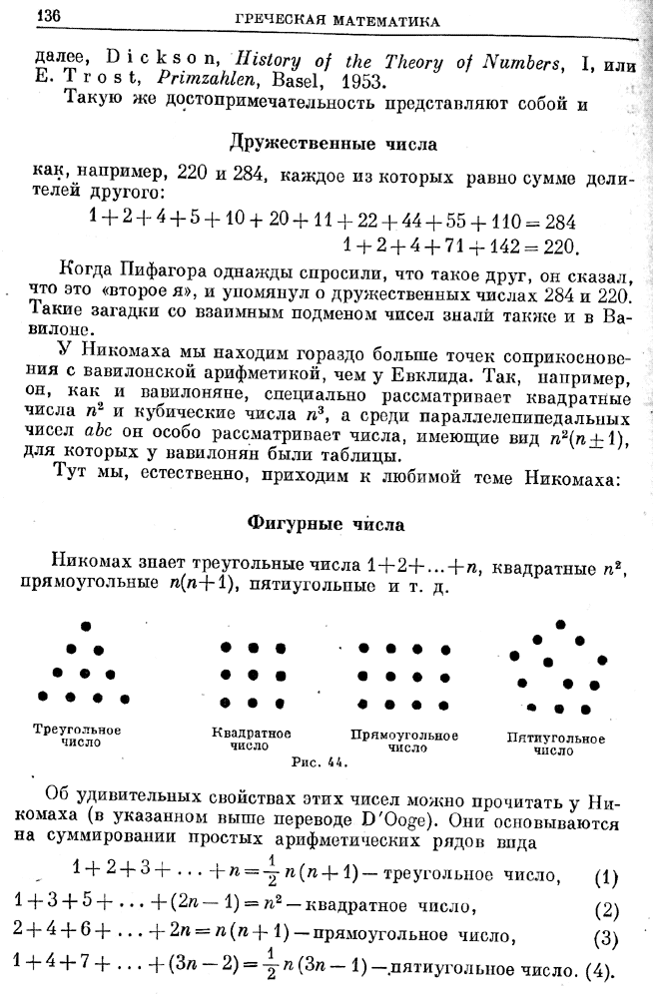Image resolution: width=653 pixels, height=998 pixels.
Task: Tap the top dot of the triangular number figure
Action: click(87, 626)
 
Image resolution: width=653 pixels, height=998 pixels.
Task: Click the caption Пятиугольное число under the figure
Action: click(556, 745)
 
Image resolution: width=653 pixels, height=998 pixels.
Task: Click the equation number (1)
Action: click(606, 879)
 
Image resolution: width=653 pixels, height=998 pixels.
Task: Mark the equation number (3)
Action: click(606, 938)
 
